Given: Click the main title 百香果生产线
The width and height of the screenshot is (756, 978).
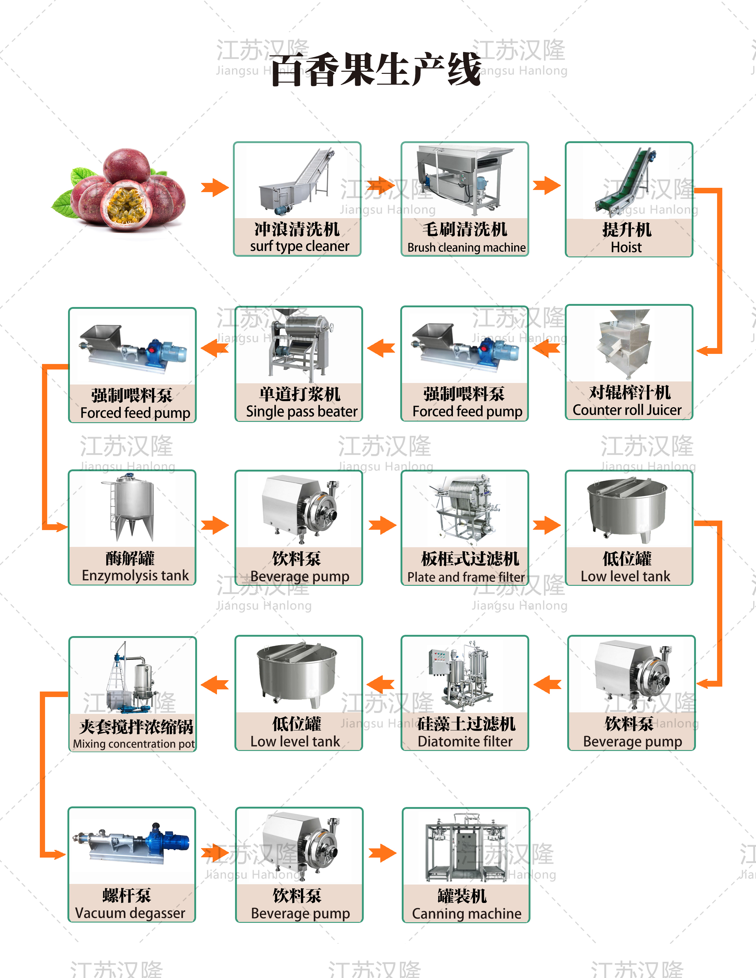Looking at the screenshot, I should click(x=375, y=70).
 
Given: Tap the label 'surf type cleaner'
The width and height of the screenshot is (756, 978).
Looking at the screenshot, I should click(x=299, y=246).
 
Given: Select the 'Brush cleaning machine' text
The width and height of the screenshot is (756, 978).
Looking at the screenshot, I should click(x=466, y=248).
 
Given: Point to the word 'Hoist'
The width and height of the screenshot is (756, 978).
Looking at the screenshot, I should click(x=626, y=248).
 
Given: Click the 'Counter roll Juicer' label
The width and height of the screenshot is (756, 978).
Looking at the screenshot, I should click(x=627, y=410).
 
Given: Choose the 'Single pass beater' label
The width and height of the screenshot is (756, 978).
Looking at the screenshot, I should click(x=302, y=411).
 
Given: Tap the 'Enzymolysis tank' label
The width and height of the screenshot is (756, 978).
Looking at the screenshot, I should click(x=135, y=575).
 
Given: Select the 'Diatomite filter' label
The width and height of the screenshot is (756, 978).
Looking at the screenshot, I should click(x=465, y=741).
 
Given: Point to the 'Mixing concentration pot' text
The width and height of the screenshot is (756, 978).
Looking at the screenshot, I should click(x=134, y=744).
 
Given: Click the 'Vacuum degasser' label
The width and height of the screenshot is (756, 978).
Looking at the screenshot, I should click(x=130, y=913).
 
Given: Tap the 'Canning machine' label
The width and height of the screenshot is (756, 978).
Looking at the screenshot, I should click(x=466, y=914).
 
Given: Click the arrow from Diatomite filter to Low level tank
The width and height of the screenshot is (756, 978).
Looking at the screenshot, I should click(x=381, y=684).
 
